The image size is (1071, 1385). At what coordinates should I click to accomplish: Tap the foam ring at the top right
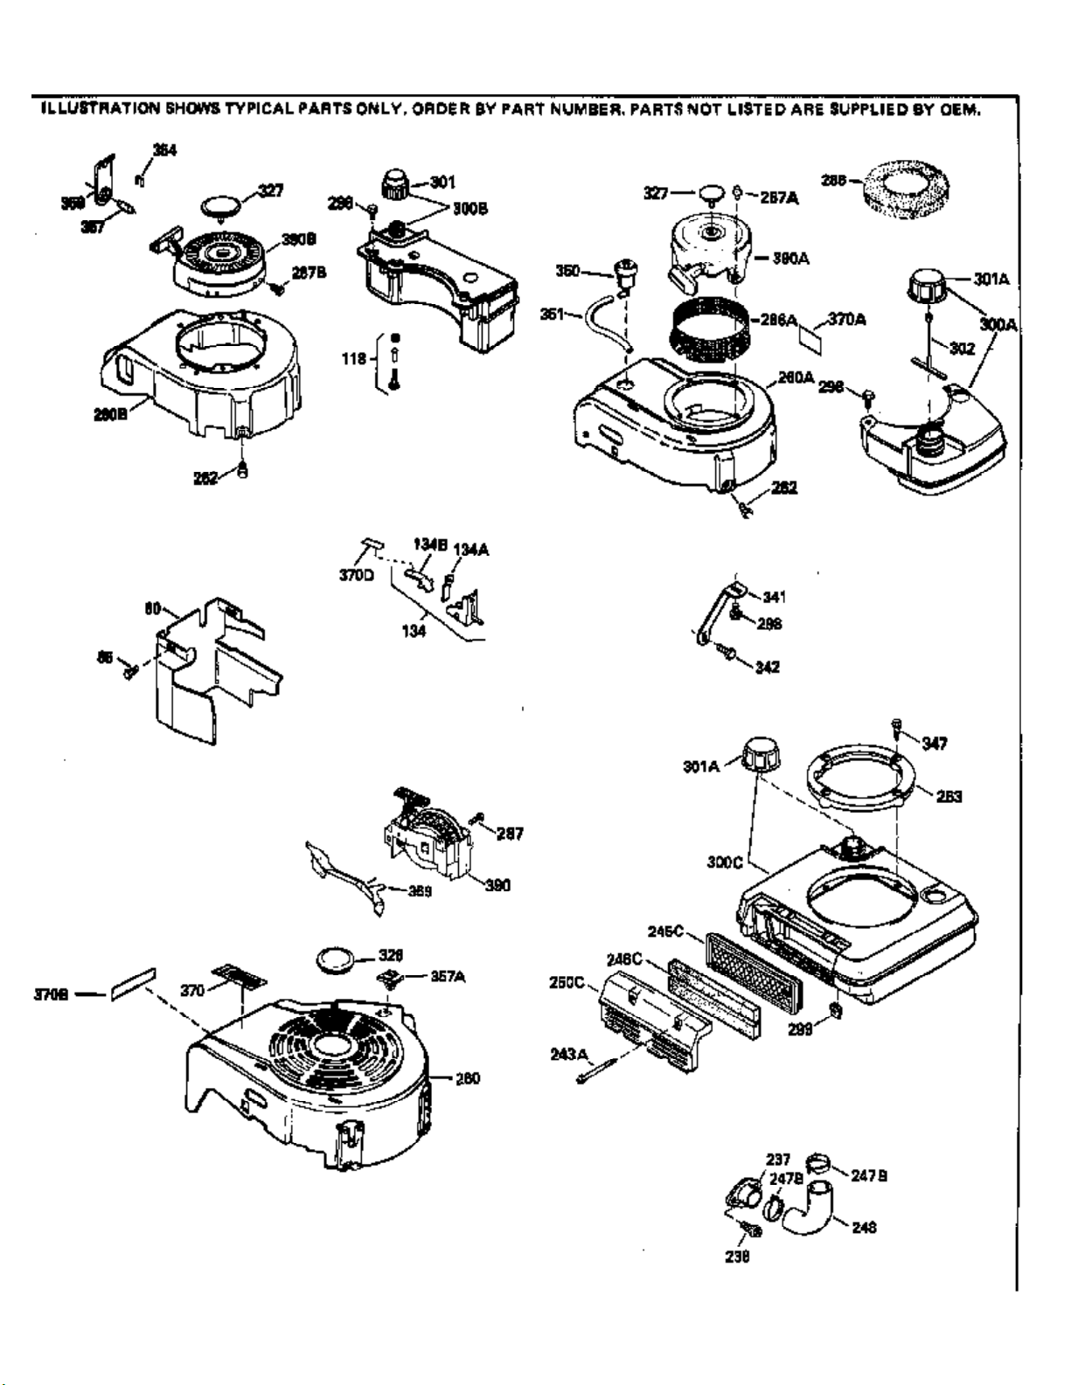click(x=903, y=186)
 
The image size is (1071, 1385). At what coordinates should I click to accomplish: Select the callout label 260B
click(x=111, y=413)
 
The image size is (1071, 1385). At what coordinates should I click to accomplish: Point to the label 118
click(x=355, y=358)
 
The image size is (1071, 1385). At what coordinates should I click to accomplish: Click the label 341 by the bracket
click(x=774, y=597)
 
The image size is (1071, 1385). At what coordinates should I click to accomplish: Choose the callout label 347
click(x=935, y=744)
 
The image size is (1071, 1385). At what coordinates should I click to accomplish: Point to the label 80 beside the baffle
click(x=150, y=608)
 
